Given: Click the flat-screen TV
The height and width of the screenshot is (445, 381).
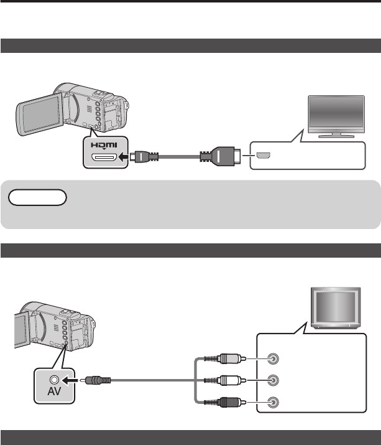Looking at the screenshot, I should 336,115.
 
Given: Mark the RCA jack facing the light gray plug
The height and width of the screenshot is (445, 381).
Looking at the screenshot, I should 272,358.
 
